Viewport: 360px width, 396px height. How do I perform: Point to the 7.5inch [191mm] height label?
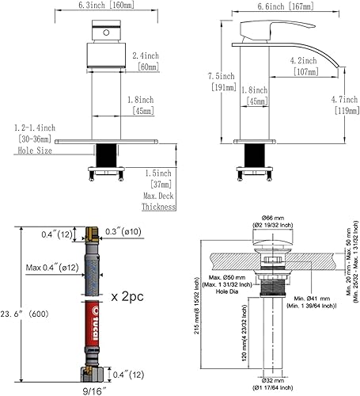click(x=226, y=82)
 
